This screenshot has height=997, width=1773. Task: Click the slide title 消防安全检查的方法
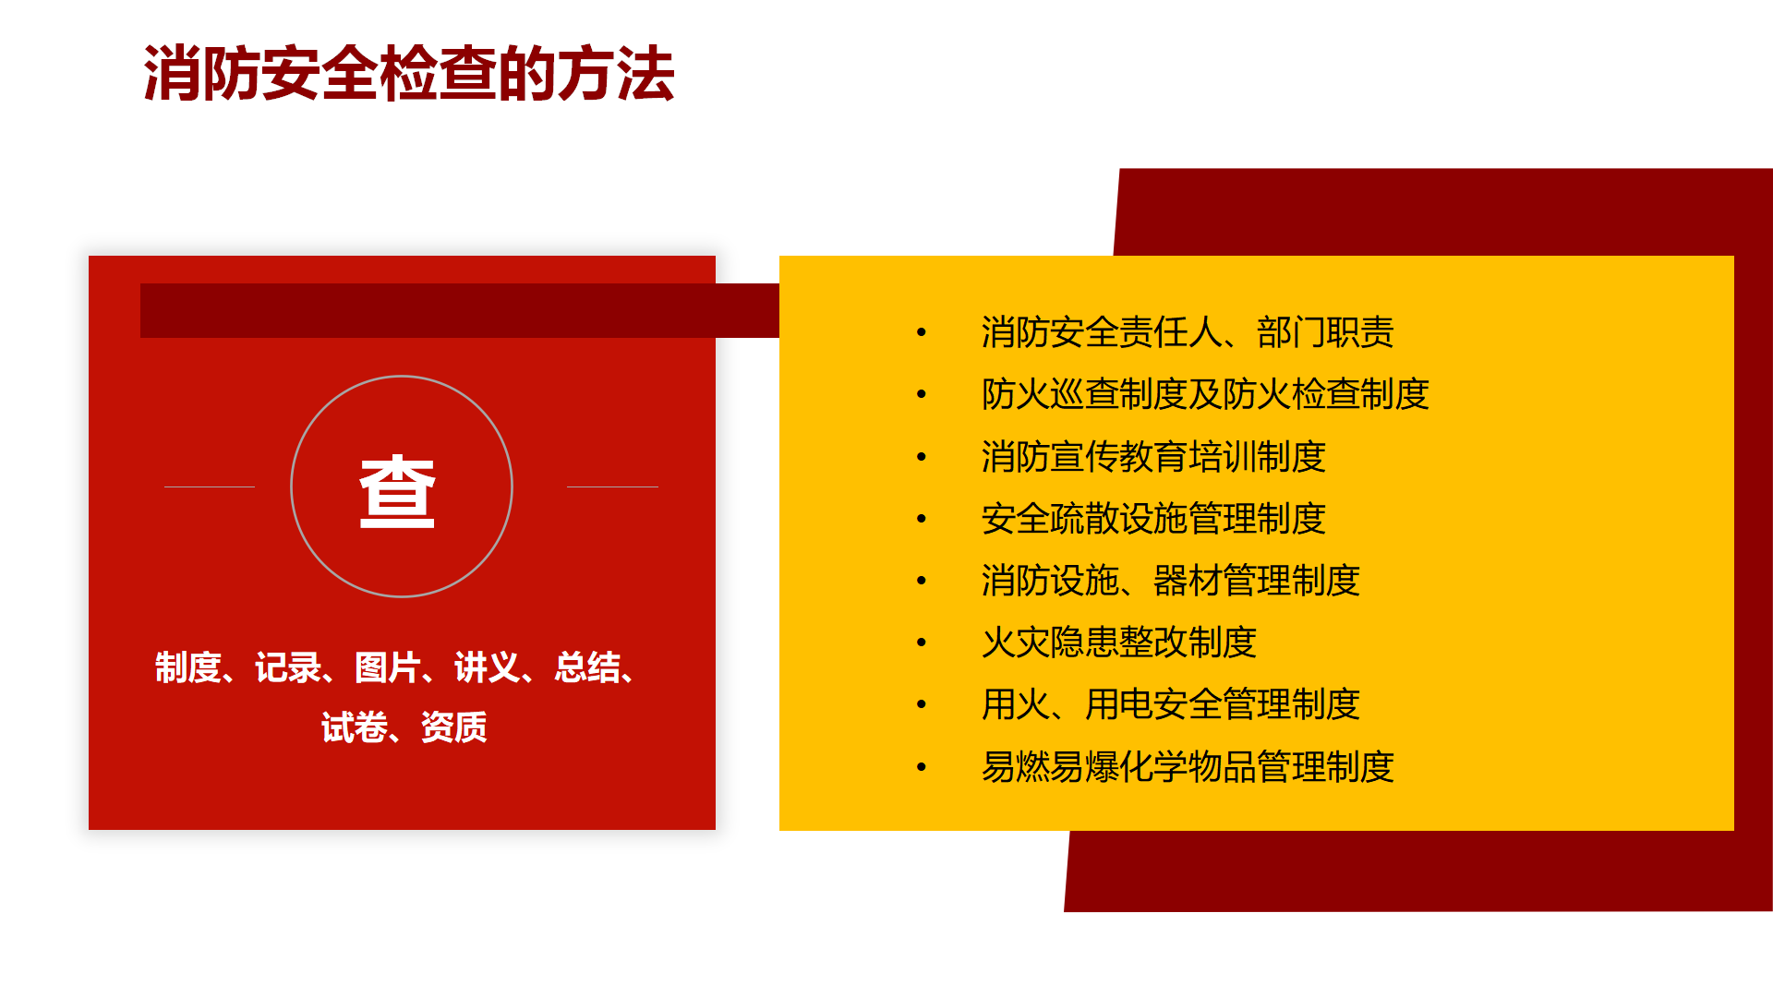click(x=409, y=74)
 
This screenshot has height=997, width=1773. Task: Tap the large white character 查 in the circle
click(x=397, y=491)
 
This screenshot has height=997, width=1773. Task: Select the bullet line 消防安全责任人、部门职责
click(x=1188, y=332)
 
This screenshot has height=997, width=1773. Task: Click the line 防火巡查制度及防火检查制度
click(x=1205, y=394)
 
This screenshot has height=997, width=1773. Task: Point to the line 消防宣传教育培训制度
click(x=1153, y=457)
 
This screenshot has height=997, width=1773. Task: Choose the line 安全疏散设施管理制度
click(x=1153, y=519)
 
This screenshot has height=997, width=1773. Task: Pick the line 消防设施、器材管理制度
click(x=1171, y=581)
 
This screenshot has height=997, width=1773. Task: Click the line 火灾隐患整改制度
click(x=1119, y=643)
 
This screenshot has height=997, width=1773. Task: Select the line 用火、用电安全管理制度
click(x=1171, y=704)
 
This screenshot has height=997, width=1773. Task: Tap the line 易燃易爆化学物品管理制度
click(x=1188, y=767)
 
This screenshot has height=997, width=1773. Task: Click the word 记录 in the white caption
click(x=288, y=667)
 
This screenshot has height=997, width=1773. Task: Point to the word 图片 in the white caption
click(x=388, y=667)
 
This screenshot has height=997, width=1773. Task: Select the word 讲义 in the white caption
click(x=488, y=667)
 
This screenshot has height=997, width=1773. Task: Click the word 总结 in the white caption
click(x=587, y=667)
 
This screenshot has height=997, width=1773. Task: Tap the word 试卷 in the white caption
click(x=355, y=727)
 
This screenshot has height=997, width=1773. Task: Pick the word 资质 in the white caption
click(x=454, y=727)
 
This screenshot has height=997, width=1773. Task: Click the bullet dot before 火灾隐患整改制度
click(x=921, y=643)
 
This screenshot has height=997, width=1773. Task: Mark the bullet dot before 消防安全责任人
click(x=921, y=332)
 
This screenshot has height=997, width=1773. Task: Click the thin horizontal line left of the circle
click(x=210, y=486)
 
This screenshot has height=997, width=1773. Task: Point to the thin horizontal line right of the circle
click(x=612, y=486)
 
